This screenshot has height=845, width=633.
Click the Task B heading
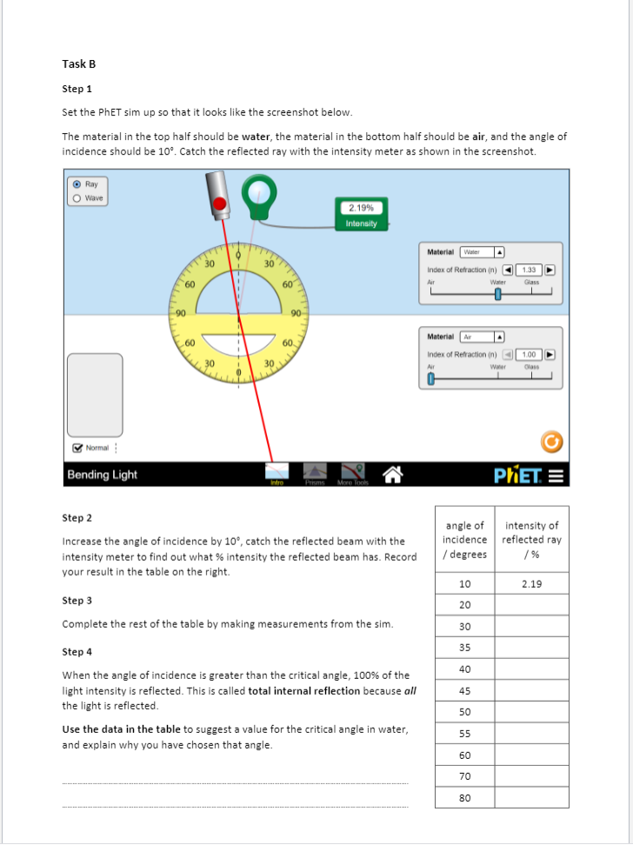coord(78,64)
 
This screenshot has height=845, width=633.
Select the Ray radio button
coord(77,184)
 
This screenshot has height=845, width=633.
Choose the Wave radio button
coord(77,198)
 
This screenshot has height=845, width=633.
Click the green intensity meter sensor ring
coord(257,193)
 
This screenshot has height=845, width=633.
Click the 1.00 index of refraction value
coord(528,354)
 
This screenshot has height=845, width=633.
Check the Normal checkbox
coord(78,448)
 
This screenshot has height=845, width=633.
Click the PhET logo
coord(517,475)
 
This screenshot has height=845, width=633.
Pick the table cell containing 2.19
coord(531,584)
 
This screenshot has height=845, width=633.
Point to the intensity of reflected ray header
coord(531,539)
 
